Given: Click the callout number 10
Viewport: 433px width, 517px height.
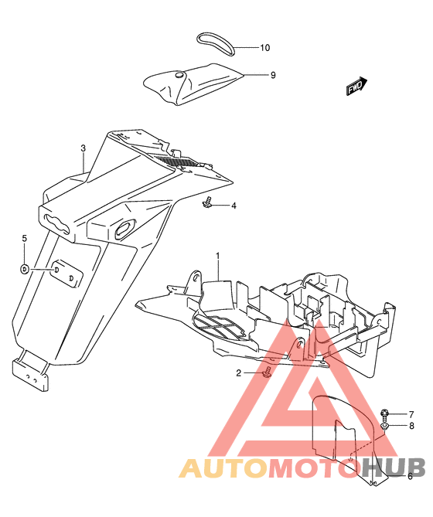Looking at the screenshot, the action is click(x=264, y=48).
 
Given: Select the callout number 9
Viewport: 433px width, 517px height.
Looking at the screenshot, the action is click(x=273, y=75).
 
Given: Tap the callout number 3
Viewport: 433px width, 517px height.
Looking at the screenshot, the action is click(x=83, y=148).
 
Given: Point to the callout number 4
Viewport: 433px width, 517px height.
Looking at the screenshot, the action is click(x=234, y=206).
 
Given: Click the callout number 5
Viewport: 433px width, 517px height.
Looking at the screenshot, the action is click(x=25, y=238).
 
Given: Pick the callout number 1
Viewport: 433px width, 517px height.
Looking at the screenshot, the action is click(x=217, y=256).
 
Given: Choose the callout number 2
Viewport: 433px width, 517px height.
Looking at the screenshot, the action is click(x=238, y=373).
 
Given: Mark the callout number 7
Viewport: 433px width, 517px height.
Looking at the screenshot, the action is click(x=411, y=414).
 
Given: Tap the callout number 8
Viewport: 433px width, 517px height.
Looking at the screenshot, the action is click(x=411, y=426).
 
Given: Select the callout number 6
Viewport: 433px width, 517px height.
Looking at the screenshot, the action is click(x=410, y=476).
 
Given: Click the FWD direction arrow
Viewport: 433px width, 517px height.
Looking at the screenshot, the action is click(x=356, y=86).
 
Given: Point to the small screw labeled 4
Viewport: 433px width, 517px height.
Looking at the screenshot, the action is click(x=206, y=202).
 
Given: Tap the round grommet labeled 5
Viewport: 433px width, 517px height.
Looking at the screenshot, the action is click(x=25, y=269).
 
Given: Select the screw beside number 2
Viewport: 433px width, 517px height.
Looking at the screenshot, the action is click(x=267, y=372).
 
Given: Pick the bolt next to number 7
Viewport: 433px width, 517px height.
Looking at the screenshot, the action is click(x=384, y=413).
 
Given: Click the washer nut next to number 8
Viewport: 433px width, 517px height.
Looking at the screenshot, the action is click(x=384, y=426).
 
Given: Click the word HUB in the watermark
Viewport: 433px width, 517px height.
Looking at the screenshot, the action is click(x=394, y=468).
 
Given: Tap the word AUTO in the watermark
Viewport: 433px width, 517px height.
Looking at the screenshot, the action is click(x=223, y=468).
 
